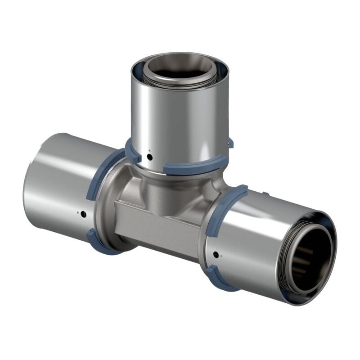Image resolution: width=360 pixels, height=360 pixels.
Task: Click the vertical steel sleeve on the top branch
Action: click(x=180, y=117)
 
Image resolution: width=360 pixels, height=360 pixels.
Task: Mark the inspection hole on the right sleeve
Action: click(x=216, y=255)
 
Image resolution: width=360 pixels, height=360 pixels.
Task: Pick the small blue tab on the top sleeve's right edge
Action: click(x=230, y=143)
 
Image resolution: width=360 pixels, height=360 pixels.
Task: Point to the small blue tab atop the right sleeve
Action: click(x=265, y=194)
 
